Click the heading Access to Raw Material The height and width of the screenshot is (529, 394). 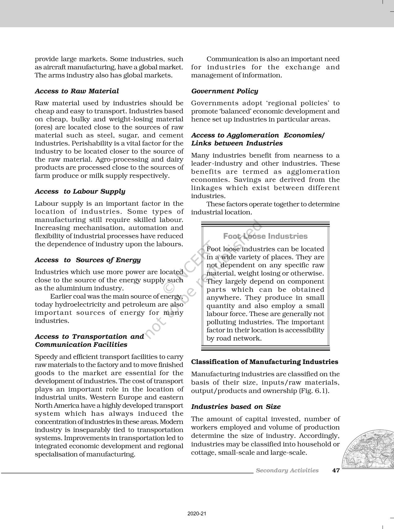pyautogui.click(x=77, y=91)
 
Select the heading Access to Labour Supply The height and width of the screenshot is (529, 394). pyautogui.click(x=80, y=191)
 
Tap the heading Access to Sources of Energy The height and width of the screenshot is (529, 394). pyautogui.click(x=88, y=260)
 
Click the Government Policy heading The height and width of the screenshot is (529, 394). pyautogui.click(x=225, y=91)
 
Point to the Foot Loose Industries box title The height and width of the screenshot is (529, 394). pyautogui.click(x=265, y=236)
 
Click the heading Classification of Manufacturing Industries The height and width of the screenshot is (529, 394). pyautogui.click(x=265, y=362)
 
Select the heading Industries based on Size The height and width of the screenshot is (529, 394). pyautogui.click(x=236, y=407)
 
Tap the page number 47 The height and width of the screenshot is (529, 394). pyautogui.click(x=336, y=470)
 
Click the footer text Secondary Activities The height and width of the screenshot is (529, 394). pyautogui.click(x=287, y=470)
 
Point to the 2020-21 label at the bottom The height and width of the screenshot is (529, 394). pyautogui.click(x=197, y=514)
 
